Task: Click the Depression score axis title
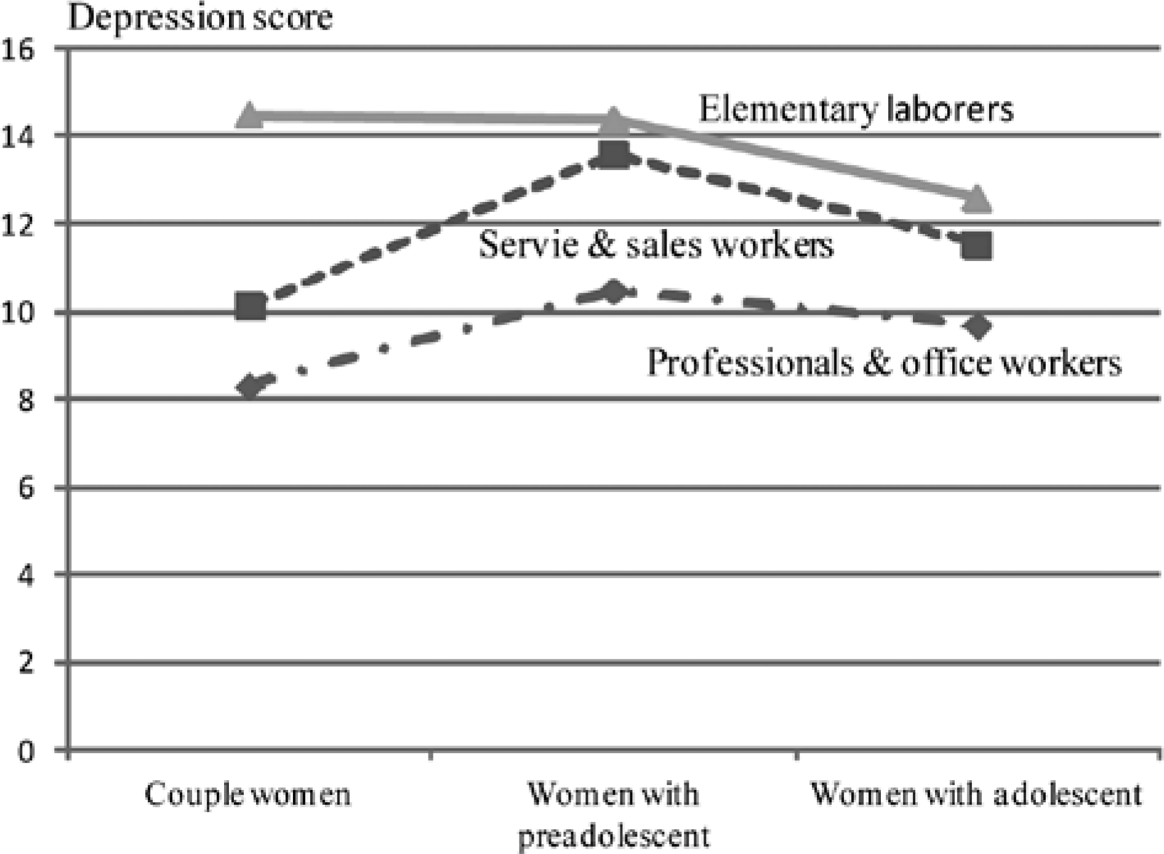[200, 17]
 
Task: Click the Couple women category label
[247, 795]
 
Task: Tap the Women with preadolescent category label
[614, 815]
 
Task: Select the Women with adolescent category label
[976, 795]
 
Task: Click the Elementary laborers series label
[856, 110]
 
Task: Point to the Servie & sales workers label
[656, 244]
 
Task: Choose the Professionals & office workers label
[884, 363]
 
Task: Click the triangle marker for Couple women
[249, 115]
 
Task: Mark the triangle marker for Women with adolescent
[977, 199]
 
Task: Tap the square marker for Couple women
[250, 306]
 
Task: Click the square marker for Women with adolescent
[977, 246]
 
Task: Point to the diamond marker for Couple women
[250, 387]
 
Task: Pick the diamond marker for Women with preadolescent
[613, 292]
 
